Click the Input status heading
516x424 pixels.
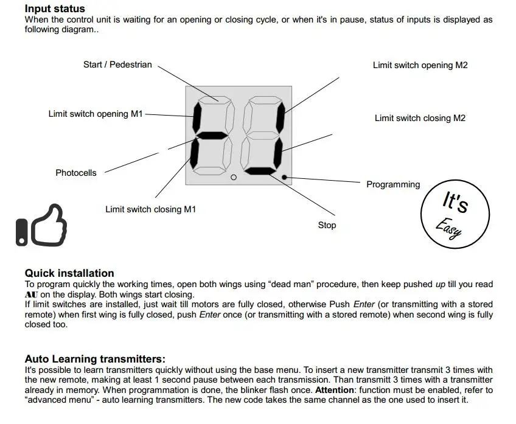(55, 9)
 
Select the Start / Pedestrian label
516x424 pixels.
(117, 64)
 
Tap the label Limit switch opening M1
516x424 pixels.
(96, 114)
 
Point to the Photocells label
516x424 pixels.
(76, 173)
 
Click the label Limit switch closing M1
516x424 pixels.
(151, 209)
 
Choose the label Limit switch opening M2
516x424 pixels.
(420, 65)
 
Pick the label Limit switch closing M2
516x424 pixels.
(420, 118)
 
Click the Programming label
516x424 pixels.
(393, 184)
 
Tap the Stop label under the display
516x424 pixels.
(327, 225)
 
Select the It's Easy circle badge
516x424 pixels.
(455, 215)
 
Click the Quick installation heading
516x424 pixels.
(69, 273)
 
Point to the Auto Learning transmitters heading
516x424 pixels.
(95, 359)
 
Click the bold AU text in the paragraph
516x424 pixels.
(31, 294)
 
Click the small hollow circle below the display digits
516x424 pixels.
(233, 178)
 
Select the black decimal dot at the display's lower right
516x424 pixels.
(285, 177)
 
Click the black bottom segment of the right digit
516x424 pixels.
(263, 171)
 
